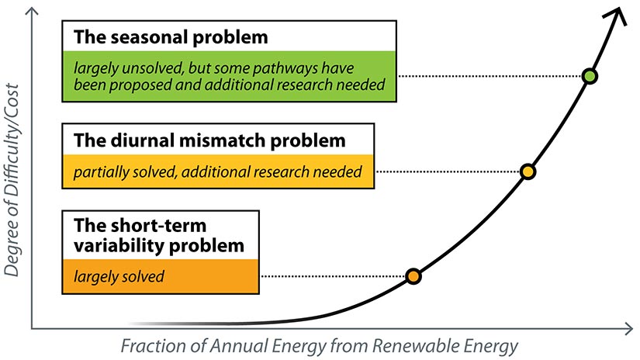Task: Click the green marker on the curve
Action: [590, 76]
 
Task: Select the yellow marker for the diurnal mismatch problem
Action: [528, 171]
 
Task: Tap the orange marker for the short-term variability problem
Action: [413, 276]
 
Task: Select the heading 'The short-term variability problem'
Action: [158, 235]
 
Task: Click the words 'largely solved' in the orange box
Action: [118, 276]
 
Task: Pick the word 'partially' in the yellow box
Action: [102, 171]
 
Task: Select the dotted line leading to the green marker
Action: [489, 76]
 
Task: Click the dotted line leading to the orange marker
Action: [334, 276]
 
